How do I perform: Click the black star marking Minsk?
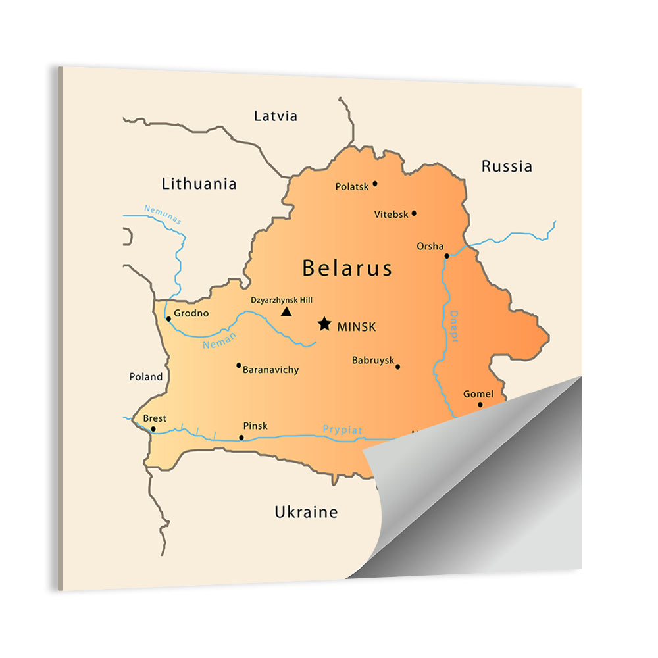tap(324, 324)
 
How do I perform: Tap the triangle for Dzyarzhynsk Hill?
tap(286, 311)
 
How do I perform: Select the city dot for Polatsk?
tap(375, 184)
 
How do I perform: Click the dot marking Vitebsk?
tap(414, 213)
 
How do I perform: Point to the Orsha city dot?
tap(447, 256)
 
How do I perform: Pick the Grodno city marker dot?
tap(168, 319)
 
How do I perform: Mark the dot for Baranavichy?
tap(238, 365)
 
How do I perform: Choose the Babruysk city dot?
tap(397, 367)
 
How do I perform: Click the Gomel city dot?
tap(480, 405)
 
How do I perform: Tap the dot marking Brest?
tap(153, 429)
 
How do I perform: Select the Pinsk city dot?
tap(241, 438)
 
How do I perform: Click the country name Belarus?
tap(347, 268)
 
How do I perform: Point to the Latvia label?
tap(276, 116)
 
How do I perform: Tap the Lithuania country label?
tap(199, 184)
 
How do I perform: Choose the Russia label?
tap(507, 166)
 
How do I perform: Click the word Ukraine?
tap(306, 512)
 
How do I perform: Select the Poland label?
tap(145, 377)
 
